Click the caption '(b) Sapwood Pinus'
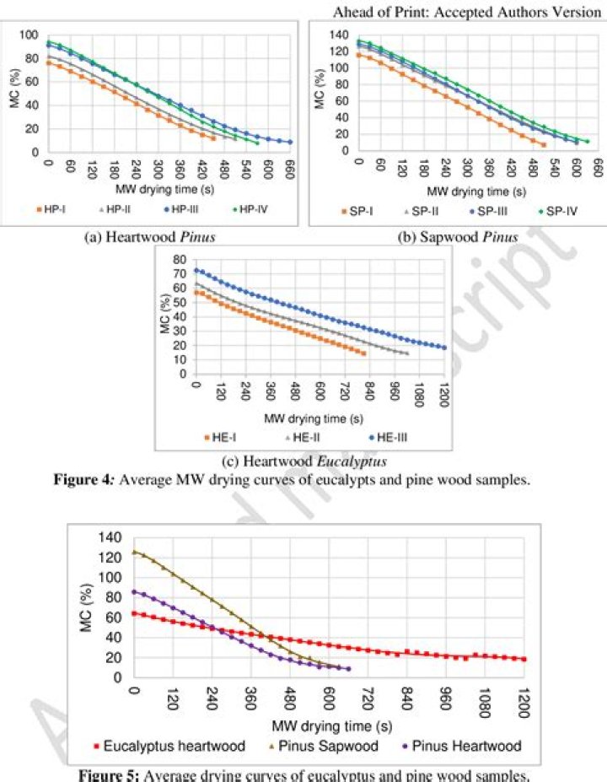click(x=457, y=237)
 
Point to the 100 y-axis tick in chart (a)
click(x=30, y=35)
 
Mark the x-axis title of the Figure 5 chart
click(x=329, y=725)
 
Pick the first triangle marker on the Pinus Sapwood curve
click(x=135, y=553)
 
